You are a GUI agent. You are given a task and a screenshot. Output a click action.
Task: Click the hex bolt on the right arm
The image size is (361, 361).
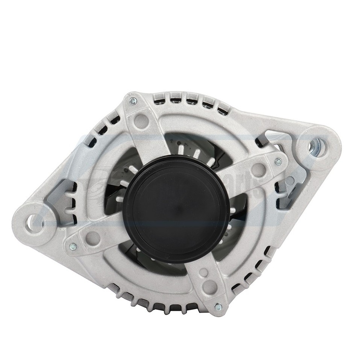(x=278, y=161)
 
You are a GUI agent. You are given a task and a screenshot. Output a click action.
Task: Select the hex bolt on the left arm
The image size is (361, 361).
(x=73, y=247)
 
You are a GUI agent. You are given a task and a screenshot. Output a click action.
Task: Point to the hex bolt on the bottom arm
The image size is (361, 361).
(x=218, y=306)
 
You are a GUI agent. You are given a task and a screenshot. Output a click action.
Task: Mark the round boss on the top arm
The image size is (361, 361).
(x=142, y=120)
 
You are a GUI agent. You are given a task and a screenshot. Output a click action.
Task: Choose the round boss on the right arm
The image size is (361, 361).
(x=258, y=168)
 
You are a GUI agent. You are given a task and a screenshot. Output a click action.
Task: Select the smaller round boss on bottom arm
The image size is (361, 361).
(x=203, y=272)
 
